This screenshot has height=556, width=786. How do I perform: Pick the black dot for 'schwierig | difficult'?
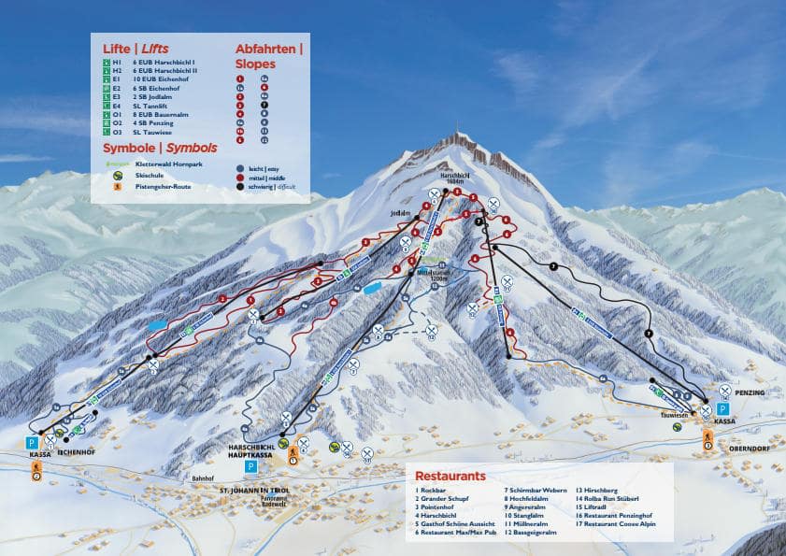240,187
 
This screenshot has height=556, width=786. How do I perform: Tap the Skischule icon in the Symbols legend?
117,175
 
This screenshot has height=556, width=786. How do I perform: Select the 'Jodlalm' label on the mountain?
400,213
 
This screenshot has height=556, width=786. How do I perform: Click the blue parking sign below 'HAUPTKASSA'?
250,465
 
